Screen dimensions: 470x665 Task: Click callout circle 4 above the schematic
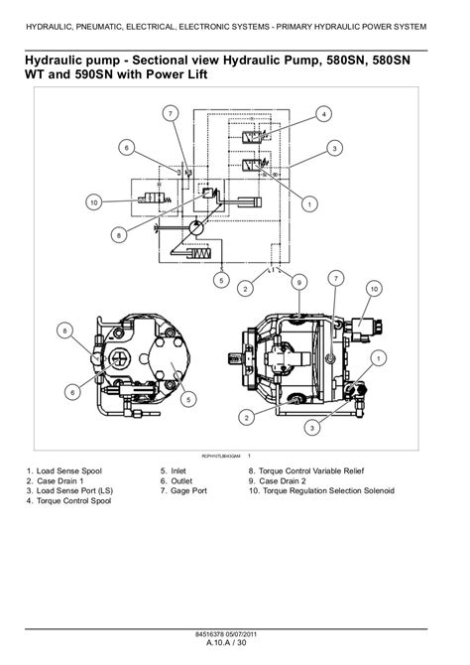pos(324,114)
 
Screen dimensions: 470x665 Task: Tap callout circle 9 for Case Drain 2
pos(299,283)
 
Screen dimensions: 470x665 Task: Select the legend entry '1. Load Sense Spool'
pos(64,470)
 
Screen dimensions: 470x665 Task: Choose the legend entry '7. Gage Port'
pos(183,490)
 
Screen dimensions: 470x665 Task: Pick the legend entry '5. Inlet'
pos(173,470)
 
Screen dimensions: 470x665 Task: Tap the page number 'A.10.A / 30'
pos(226,642)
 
